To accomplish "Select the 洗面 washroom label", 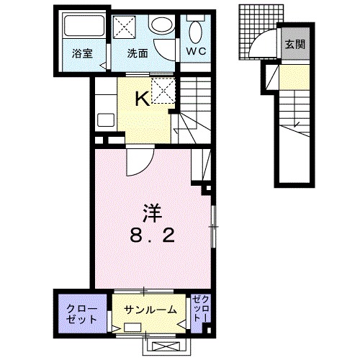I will point(137,53).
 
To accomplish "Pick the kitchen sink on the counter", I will point(102,121).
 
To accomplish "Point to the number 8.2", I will point(150,235).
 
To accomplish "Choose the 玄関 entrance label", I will point(294,44).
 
